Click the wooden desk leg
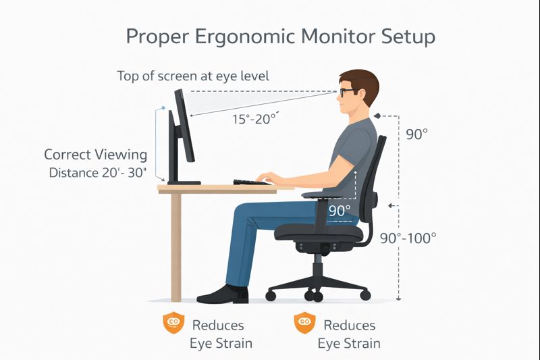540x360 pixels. [176, 247]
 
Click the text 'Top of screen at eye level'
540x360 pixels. [193, 76]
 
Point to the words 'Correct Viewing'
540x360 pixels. [95, 155]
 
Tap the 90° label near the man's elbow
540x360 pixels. [340, 210]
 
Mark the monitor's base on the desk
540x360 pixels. [184, 182]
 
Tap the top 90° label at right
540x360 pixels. [416, 134]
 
